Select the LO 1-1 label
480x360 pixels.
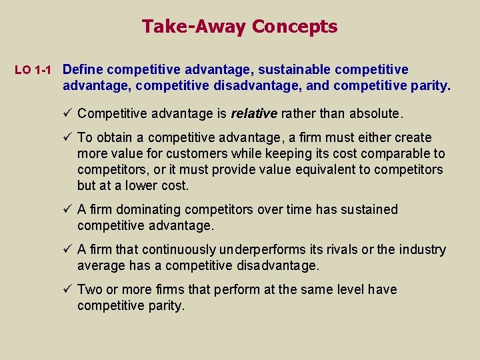click(33, 70)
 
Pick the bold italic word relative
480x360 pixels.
click(254, 113)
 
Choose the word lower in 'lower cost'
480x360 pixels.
click(141, 185)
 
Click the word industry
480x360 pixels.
click(423, 249)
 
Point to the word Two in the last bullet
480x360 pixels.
click(89, 289)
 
